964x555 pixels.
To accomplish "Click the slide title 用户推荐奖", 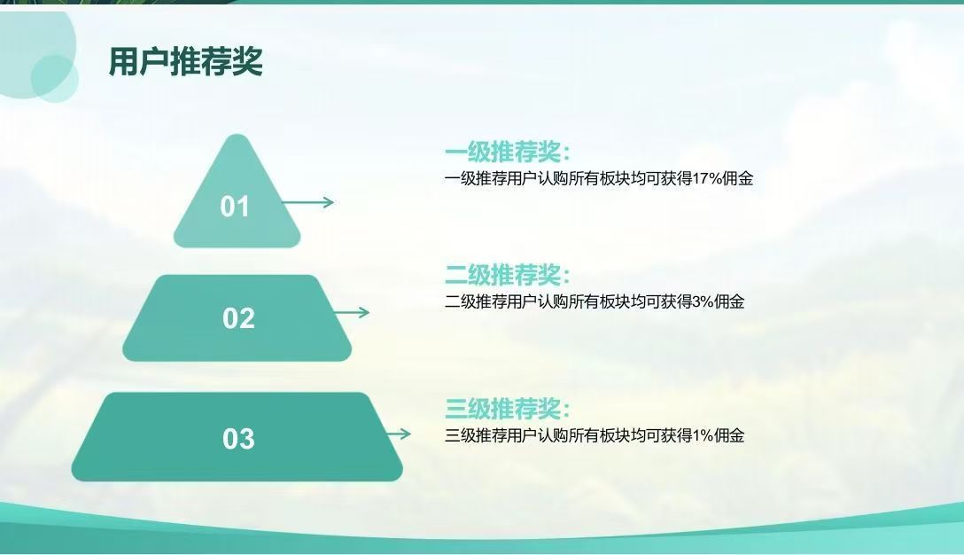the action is tap(186, 61).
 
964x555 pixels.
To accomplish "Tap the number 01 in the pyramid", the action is tap(235, 207).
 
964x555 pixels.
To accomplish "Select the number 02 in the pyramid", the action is tap(238, 318).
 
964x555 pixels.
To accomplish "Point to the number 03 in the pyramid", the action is tap(238, 439).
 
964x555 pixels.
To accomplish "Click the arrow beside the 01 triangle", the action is tap(307, 202).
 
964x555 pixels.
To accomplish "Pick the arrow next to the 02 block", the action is tap(351, 313).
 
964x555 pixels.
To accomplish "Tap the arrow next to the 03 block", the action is tap(399, 434).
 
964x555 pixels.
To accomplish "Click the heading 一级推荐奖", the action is tap(507, 152).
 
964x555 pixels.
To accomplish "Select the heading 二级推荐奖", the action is tap(507, 275).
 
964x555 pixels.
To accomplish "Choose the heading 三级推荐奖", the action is tap(507, 409).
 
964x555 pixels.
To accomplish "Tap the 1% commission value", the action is tap(703, 435).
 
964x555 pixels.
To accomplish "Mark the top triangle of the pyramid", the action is tap(237, 197).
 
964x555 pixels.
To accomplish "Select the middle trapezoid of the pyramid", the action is tap(237, 318).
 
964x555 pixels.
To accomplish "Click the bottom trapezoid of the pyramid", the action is tap(237, 437).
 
